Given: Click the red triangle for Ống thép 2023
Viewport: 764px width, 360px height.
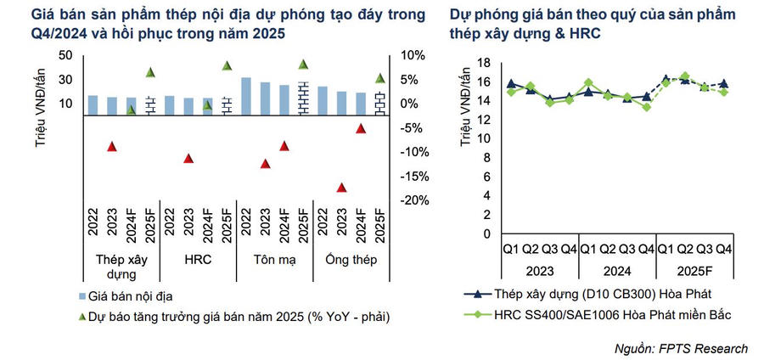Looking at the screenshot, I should coord(342,188).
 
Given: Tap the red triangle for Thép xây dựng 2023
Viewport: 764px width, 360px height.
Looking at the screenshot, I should coord(111,146).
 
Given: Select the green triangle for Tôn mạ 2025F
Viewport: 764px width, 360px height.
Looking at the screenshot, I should coord(303,65).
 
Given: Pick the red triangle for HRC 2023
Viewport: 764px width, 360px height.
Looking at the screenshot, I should coord(188,159).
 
